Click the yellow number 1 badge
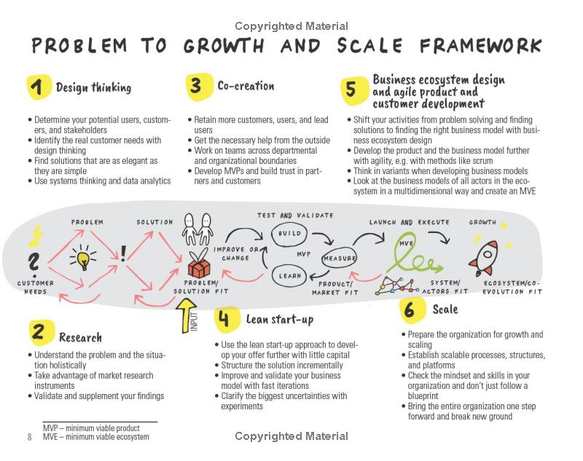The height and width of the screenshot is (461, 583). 39,87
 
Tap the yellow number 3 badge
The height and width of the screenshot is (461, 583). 199,87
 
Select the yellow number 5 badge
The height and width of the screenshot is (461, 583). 353,90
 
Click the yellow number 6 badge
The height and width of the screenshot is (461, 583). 412,310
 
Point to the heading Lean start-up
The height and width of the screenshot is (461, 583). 280,319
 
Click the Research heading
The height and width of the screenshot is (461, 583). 80,337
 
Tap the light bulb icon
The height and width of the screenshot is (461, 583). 83,256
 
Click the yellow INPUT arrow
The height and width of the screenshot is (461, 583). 186,316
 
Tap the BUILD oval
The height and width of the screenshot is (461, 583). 289,234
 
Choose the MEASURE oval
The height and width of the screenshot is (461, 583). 339,259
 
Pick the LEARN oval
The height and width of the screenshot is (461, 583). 289,275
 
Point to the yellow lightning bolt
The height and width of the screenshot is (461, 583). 36,236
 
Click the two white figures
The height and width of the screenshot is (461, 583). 197,229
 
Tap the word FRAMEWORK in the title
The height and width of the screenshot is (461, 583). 480,46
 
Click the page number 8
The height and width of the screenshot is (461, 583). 30,436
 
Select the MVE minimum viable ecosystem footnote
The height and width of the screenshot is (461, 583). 96,437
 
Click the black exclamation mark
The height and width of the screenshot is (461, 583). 123,253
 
